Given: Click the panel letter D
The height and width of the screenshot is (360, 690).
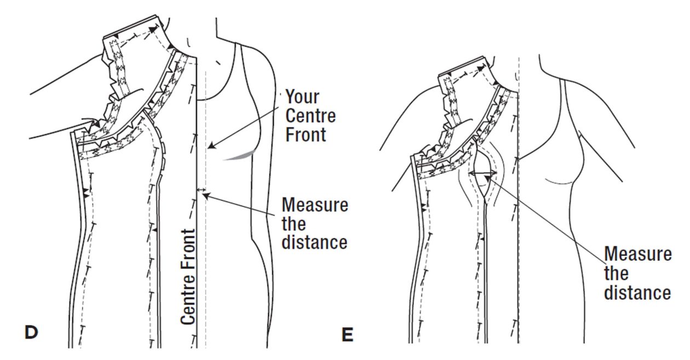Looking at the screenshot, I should [x=32, y=331].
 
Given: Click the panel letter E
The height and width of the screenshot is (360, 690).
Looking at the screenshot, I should [x=347, y=334].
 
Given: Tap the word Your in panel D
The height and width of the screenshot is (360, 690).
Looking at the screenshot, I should [x=302, y=97].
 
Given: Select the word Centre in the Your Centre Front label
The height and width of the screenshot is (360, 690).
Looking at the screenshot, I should [x=311, y=116].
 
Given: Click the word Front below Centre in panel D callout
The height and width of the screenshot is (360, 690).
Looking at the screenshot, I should [x=306, y=134].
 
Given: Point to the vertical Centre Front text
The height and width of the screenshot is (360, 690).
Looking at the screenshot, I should [x=188, y=276].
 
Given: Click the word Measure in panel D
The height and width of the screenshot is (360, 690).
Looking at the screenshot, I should [x=314, y=205].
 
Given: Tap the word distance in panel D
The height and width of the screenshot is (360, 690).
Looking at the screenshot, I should [x=314, y=242].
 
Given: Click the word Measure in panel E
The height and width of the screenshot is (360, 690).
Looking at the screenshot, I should [x=637, y=254].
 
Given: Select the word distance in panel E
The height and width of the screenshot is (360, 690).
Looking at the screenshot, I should [x=637, y=292].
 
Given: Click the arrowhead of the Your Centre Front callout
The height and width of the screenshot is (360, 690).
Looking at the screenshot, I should [x=210, y=147].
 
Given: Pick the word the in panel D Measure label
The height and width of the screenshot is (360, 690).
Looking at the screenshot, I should [x=294, y=224].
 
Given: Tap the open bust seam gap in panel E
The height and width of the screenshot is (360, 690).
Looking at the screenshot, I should [x=482, y=181].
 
